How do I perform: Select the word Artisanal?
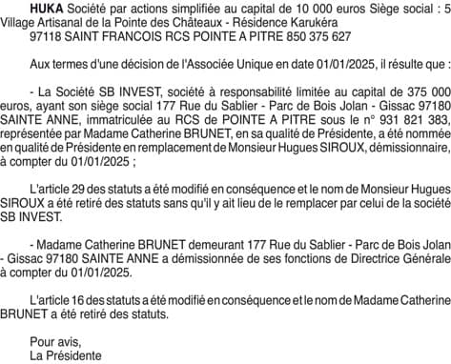coord(67,25)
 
